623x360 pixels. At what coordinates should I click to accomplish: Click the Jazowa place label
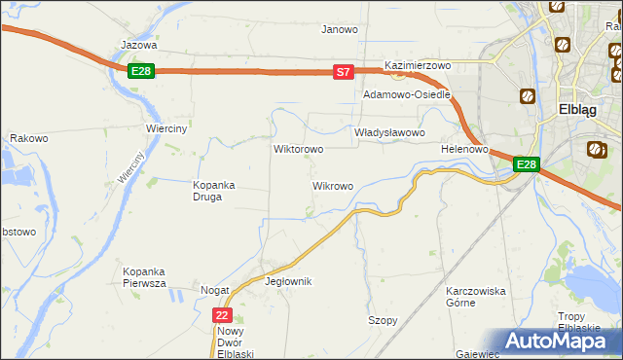point(138,45)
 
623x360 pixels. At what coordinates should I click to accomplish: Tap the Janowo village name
point(340,29)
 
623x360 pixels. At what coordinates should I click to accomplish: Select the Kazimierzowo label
point(419,65)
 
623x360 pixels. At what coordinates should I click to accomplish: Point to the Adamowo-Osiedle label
point(407,95)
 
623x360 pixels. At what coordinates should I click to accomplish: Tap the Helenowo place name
point(463,149)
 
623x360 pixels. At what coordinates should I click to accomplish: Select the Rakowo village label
point(29,139)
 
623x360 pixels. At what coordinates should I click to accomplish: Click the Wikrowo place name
point(332,185)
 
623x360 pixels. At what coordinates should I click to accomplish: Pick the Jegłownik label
point(288,281)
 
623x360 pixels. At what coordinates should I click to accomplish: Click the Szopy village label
point(383,320)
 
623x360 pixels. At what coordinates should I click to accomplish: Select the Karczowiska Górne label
point(475,297)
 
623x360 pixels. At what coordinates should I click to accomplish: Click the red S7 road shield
point(343,72)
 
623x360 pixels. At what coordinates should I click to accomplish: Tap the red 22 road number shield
point(223,315)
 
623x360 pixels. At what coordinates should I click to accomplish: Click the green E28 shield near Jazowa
point(141,71)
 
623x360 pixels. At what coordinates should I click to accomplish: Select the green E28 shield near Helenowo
point(526,164)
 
